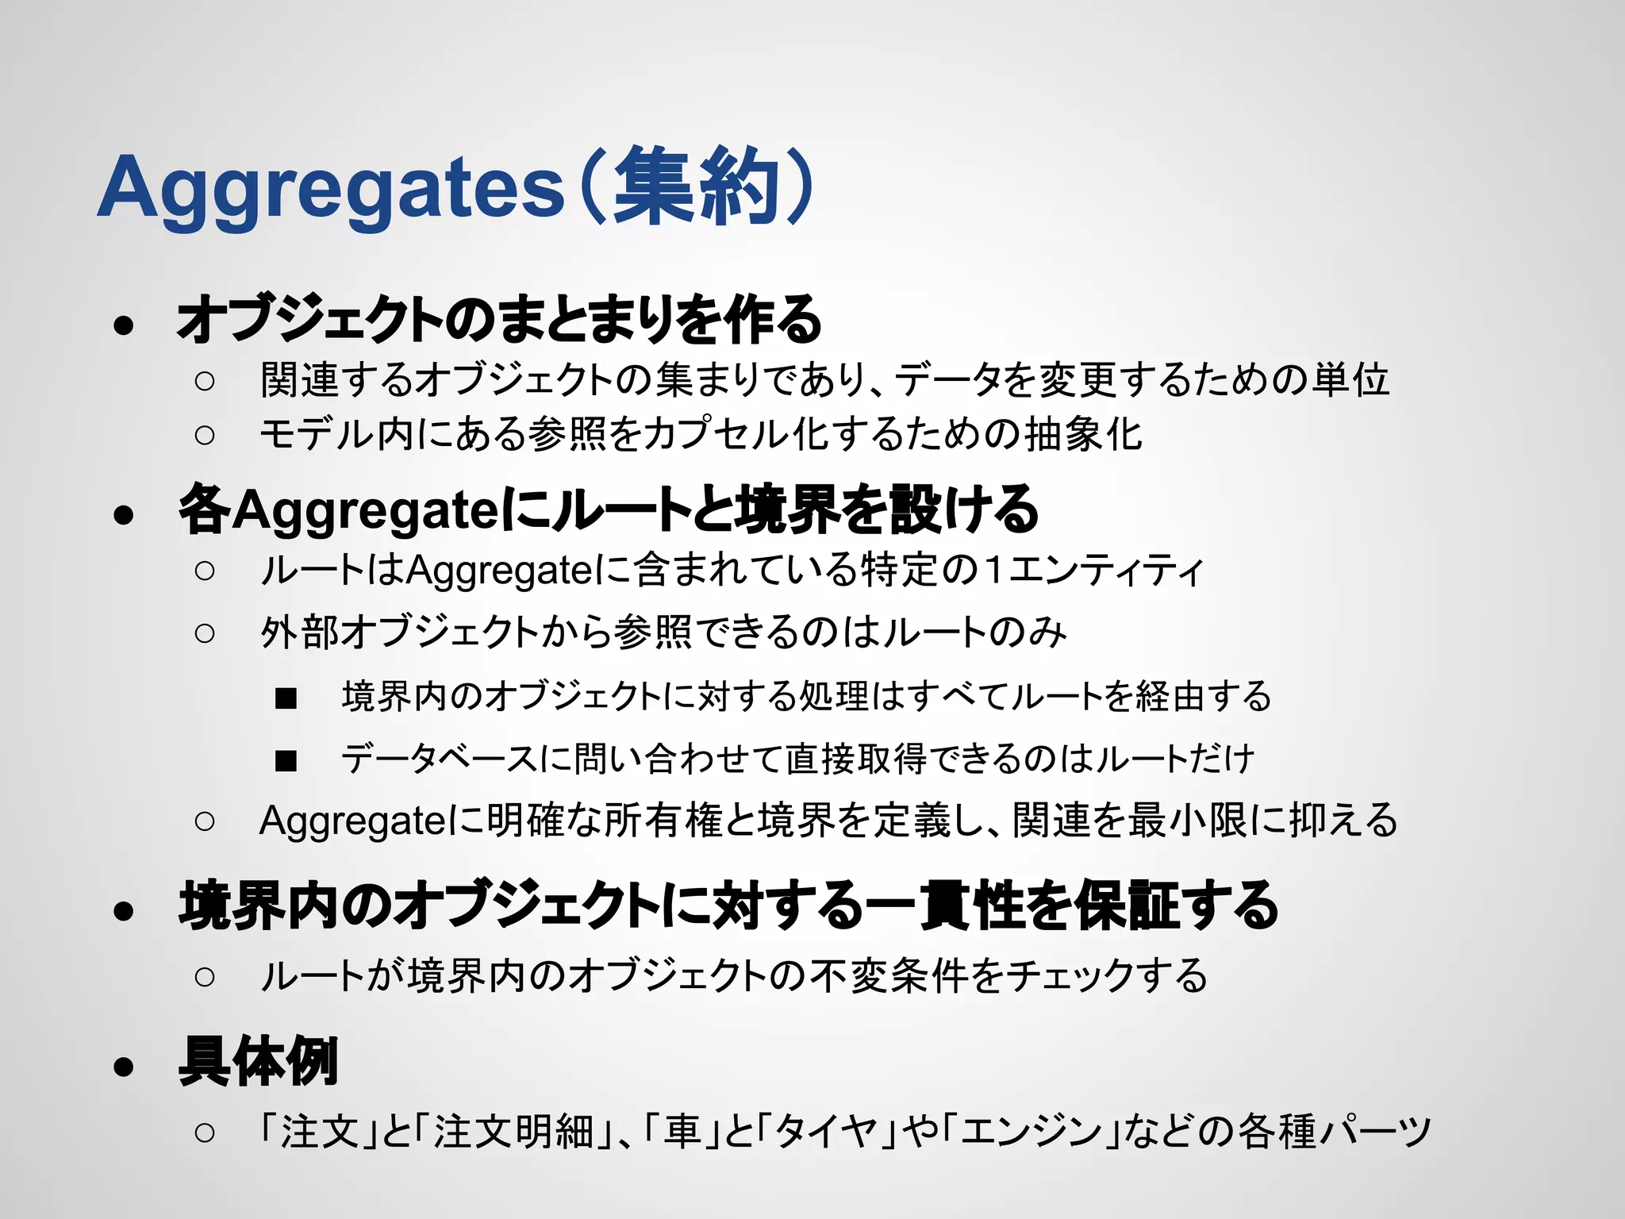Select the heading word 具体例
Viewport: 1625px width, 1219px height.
click(259, 1061)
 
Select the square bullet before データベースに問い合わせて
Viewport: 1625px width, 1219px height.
click(286, 761)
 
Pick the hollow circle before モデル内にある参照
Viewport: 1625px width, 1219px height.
click(205, 435)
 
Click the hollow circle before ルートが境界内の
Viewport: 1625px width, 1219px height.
click(205, 976)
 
